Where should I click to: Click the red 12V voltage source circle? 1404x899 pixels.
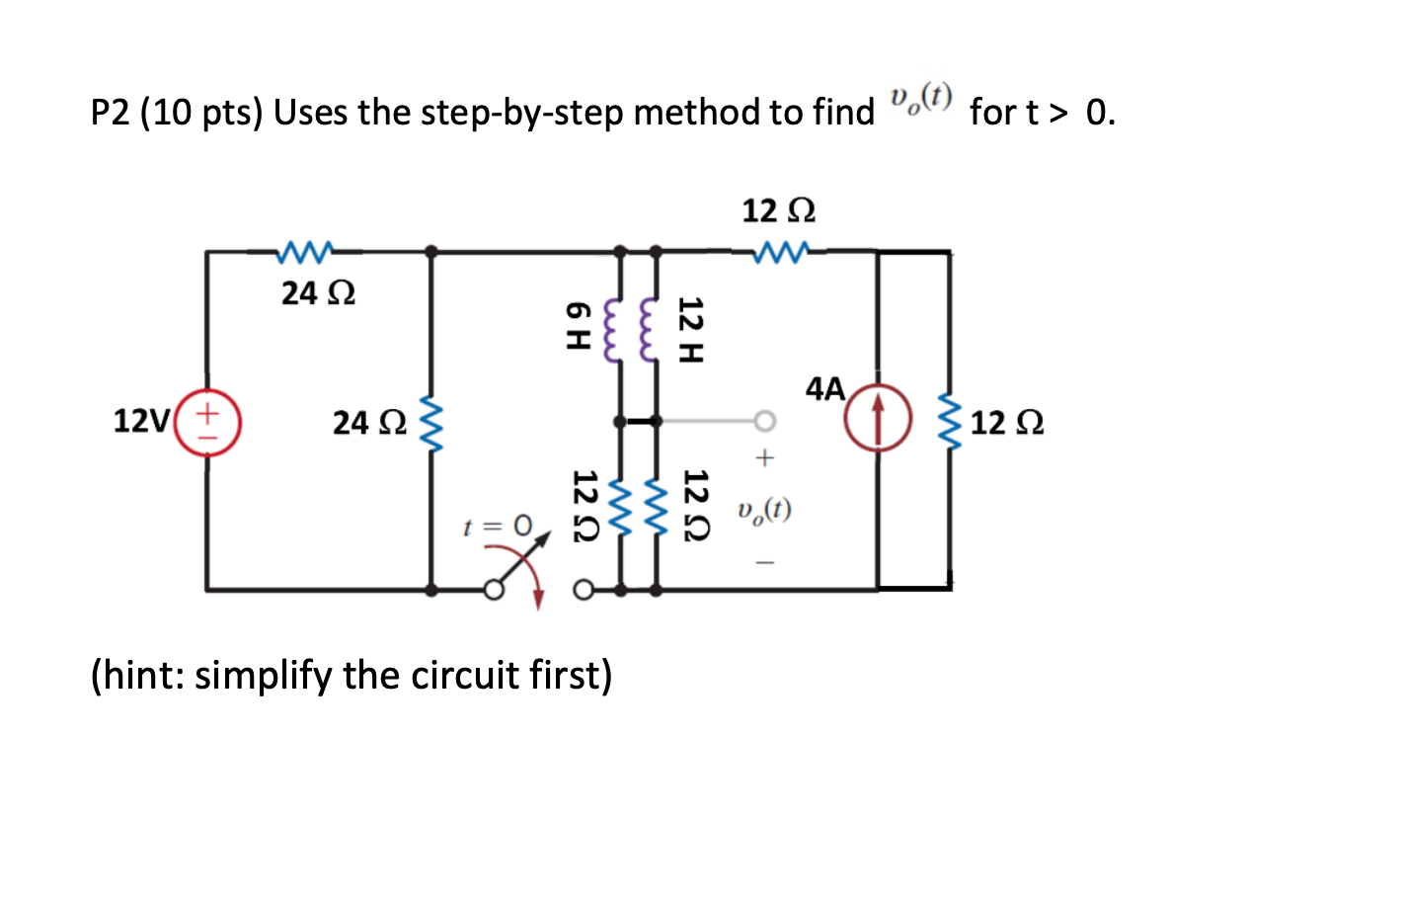coord(207,422)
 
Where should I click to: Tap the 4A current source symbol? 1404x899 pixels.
coord(878,418)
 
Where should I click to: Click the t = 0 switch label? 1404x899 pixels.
coord(498,526)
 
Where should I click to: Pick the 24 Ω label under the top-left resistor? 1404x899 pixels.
coord(318,293)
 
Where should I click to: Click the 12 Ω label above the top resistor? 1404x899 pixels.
coord(778,210)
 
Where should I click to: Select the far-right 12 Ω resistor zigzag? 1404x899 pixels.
coord(949,422)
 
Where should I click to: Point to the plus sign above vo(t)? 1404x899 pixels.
coord(764,458)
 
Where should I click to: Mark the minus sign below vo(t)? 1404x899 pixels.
coord(765,563)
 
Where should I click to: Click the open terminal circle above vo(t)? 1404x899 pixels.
coord(764,422)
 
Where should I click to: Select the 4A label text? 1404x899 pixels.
coord(825,388)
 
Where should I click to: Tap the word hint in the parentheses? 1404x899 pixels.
coord(139,676)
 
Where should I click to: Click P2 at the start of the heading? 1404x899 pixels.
coord(111,113)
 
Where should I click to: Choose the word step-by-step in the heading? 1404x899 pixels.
coord(522,113)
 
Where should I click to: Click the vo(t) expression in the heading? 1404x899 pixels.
coord(920,99)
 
